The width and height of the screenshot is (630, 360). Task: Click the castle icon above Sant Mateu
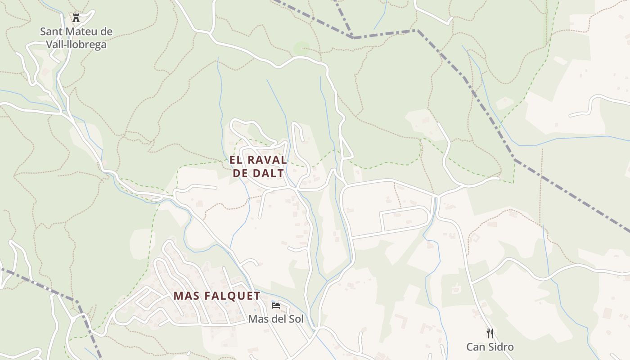pos(76,18)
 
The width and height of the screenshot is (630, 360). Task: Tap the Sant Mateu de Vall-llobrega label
pos(76,38)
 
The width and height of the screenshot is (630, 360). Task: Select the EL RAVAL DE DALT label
pos(258,166)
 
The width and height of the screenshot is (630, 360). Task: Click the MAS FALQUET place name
pos(217,296)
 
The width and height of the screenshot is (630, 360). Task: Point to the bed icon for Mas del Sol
pos(276,306)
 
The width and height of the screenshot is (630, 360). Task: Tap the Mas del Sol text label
pos(276,319)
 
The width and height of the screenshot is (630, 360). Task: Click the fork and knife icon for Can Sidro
pos(490,333)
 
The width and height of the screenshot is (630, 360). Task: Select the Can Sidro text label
pos(490,347)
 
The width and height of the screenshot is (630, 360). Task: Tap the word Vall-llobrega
pos(76,45)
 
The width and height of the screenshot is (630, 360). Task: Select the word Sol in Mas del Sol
pos(296,319)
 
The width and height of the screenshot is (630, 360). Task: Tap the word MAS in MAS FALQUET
pos(187,296)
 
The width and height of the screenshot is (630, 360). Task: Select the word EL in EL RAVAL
pos(236,160)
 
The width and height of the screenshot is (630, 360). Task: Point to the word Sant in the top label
pos(50,31)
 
